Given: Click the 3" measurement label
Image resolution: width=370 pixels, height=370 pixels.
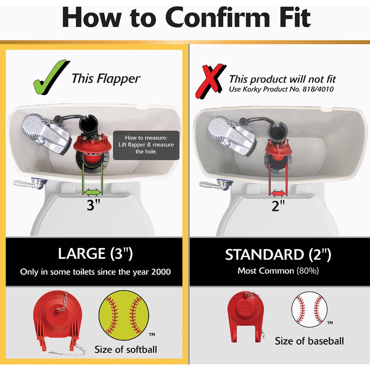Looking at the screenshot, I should coord(93,205).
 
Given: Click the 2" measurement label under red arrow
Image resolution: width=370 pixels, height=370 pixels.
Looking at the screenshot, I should coord(278,205).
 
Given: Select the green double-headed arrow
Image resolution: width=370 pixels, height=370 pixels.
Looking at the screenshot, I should coord(93,193).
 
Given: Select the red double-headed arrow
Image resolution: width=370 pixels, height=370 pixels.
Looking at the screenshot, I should coord(278,193).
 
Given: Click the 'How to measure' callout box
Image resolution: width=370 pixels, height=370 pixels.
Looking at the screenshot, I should coord(146,145).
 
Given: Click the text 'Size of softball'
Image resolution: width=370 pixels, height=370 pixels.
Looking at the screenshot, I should coord(125,349).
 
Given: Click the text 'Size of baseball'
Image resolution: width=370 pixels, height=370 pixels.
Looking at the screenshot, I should coord(309,341).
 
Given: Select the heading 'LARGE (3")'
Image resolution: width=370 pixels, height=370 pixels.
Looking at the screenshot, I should coord(95,254).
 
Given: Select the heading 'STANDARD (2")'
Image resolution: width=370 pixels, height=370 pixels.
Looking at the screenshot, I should coord(278,255).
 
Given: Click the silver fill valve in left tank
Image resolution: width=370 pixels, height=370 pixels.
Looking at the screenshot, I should coord(46,134).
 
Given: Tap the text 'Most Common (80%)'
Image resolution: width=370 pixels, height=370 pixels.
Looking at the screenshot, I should coord(278,271).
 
